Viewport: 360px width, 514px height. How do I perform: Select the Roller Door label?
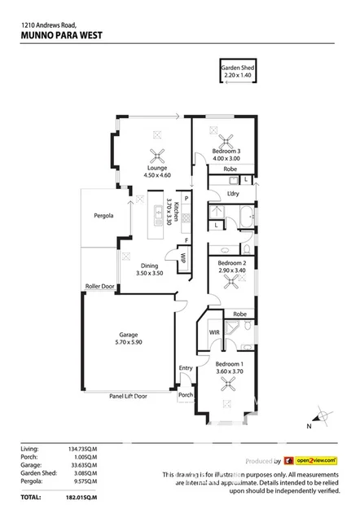coord(100,287)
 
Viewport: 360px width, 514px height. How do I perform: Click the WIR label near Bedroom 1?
coord(214,332)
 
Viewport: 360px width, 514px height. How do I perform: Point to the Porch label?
coord(186,396)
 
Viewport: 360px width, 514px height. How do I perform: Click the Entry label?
coord(186,368)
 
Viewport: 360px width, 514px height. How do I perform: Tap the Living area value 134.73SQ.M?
coord(81,447)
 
